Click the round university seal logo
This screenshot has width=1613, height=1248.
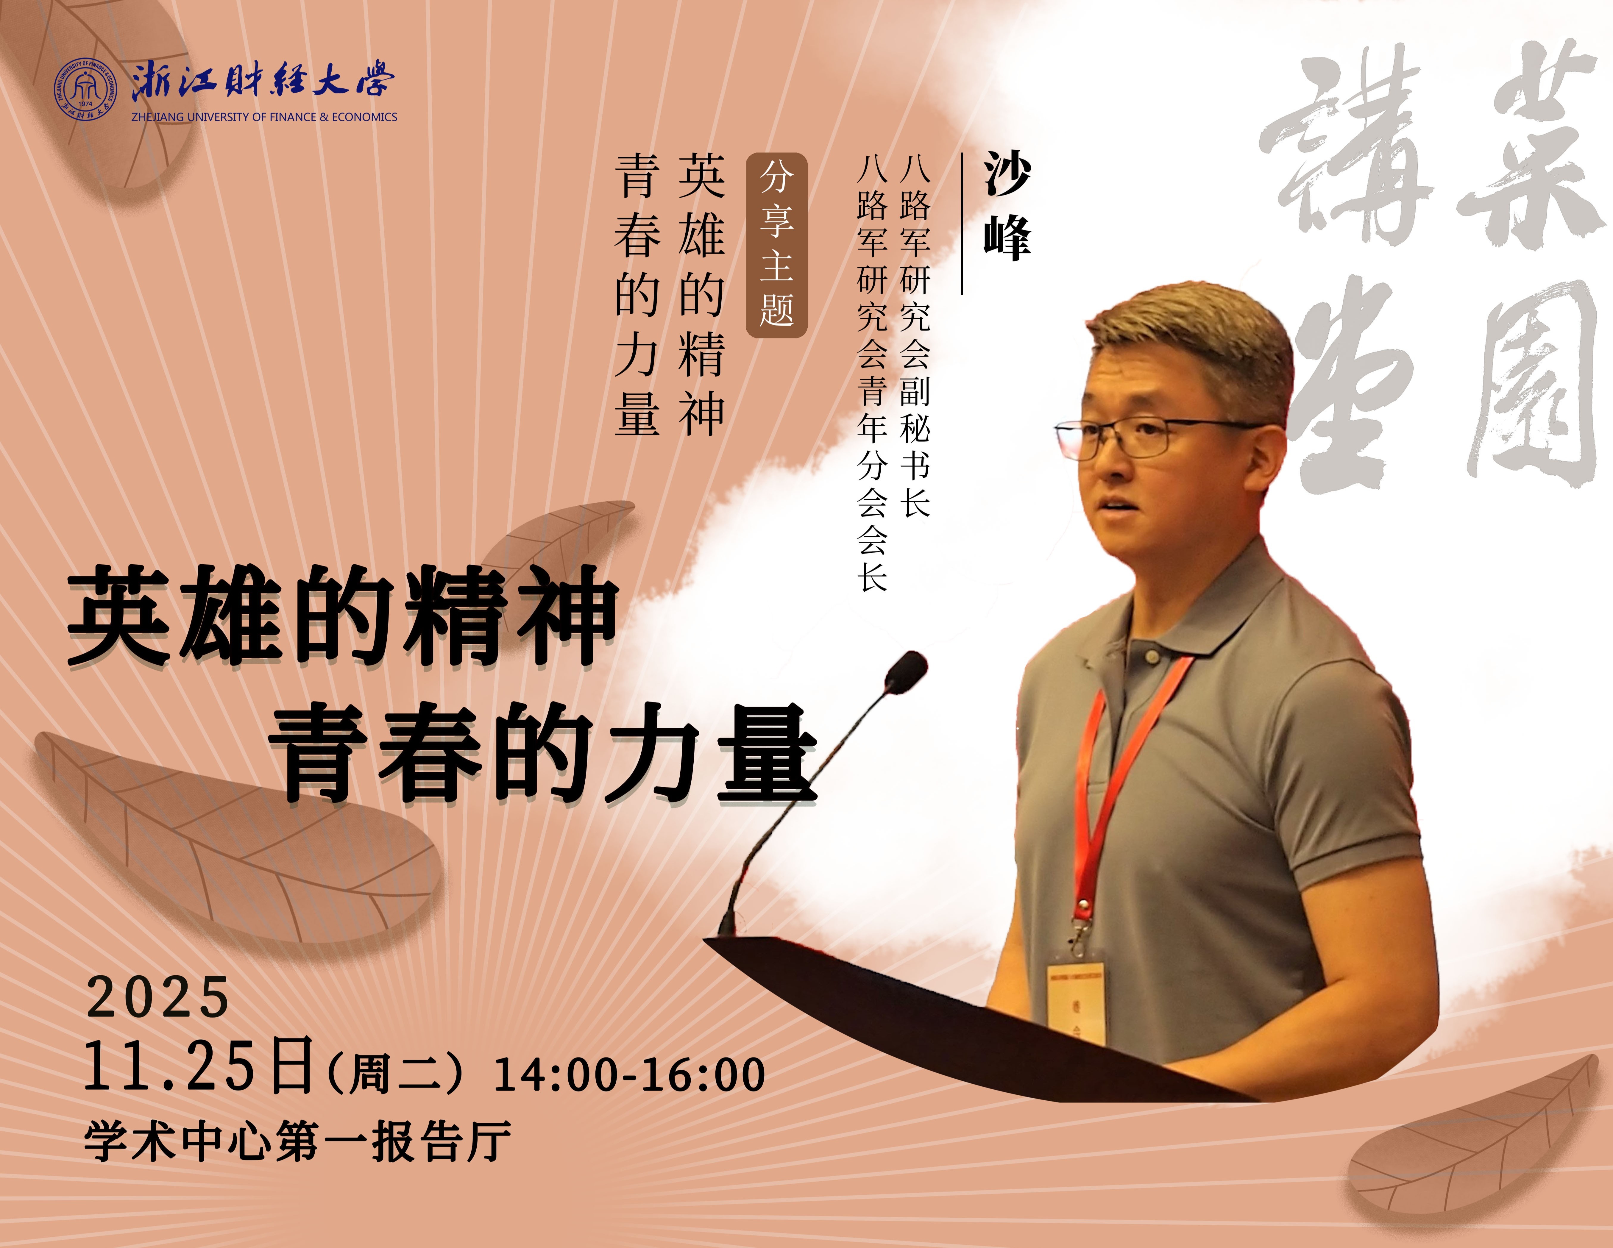pyautogui.click(x=86, y=89)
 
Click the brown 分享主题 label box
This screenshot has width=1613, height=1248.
pyautogui.click(x=776, y=245)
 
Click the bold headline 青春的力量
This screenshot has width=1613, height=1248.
pyautogui.click(x=543, y=753)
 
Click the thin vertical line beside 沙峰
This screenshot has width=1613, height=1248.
pyautogui.click(x=962, y=224)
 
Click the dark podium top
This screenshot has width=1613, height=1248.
pyautogui.click(x=982, y=1019)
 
